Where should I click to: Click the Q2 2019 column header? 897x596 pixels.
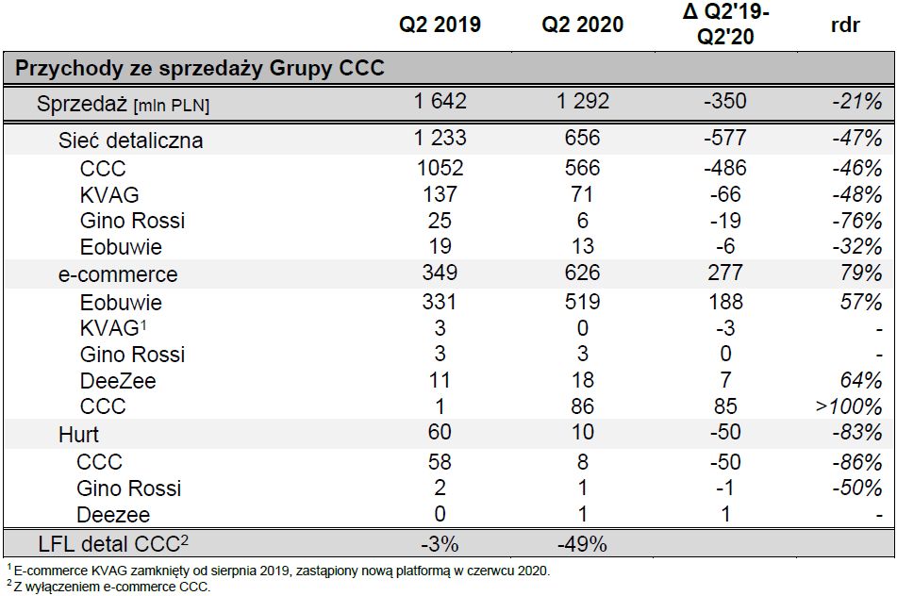[x=440, y=25]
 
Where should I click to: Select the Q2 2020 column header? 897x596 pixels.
[x=582, y=25]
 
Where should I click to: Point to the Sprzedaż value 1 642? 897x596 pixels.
[x=440, y=102]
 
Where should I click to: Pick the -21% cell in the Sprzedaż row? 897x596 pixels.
[x=856, y=102]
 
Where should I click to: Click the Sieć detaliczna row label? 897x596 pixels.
[x=130, y=141]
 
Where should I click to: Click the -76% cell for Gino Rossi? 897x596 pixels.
[x=856, y=221]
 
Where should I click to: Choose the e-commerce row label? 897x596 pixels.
[x=118, y=274]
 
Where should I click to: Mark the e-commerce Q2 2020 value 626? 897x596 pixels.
[x=582, y=273]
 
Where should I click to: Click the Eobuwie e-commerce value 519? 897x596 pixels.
[x=582, y=302]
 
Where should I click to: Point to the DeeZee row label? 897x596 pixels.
[x=118, y=381]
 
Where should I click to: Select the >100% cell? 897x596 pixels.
[x=850, y=407]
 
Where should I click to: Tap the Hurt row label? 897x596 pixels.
[x=78, y=435]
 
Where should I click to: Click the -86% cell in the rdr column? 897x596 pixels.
[x=856, y=462]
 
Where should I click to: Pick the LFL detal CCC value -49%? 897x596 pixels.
[x=582, y=544]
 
